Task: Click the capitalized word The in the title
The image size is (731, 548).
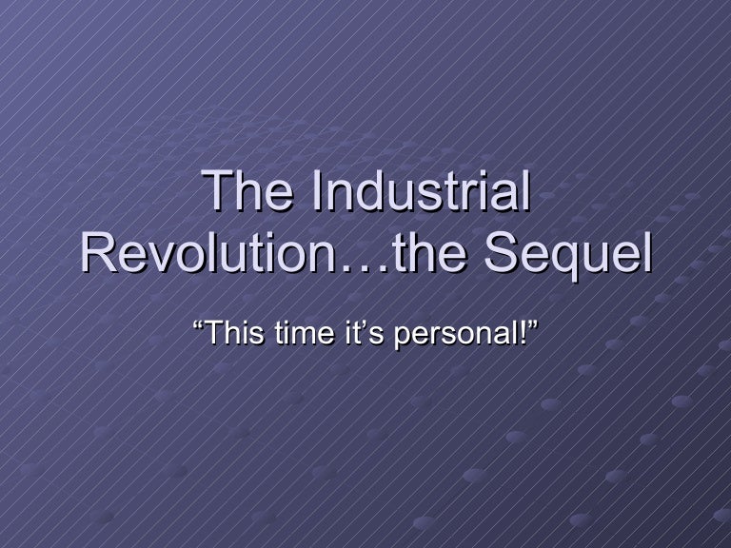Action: click(249, 193)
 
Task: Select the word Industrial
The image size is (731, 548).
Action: click(420, 193)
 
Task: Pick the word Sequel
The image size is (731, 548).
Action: click(569, 254)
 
